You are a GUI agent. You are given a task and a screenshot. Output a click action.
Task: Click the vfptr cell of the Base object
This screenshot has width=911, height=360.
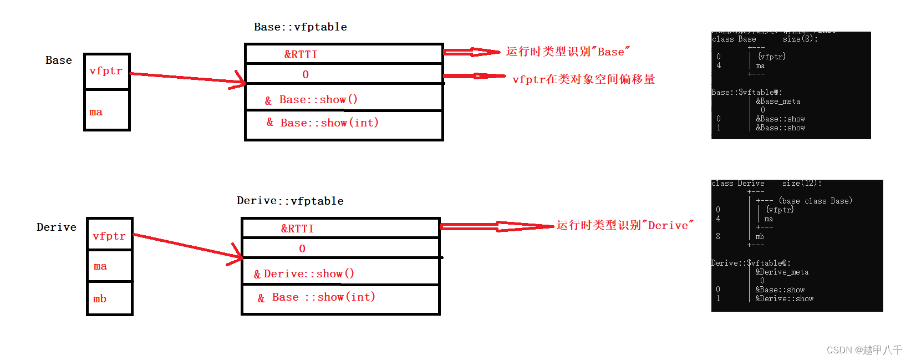tap(106, 72)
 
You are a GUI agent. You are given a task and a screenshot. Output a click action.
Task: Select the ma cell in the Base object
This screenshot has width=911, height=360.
tap(106, 111)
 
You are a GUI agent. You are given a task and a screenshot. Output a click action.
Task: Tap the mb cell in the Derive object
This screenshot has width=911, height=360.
tap(109, 298)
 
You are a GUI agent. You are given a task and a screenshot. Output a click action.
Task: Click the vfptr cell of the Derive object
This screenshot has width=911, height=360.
tap(109, 236)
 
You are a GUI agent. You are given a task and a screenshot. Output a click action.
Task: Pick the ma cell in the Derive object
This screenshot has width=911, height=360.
tap(109, 266)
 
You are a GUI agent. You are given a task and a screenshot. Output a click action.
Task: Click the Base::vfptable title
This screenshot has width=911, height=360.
tap(301, 27)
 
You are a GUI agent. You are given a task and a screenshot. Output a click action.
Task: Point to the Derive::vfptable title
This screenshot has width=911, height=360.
tap(290, 201)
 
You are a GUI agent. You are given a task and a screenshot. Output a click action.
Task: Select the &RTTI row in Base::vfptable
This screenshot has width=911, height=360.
tap(344, 54)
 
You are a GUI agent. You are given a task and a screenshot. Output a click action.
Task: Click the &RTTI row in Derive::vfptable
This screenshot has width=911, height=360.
tap(340, 229)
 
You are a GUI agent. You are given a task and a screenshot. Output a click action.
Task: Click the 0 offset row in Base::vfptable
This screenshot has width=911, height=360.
tap(344, 74)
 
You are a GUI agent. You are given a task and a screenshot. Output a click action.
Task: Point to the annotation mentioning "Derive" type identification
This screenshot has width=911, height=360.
tap(625, 225)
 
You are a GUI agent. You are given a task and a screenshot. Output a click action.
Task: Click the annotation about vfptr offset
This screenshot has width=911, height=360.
tap(583, 79)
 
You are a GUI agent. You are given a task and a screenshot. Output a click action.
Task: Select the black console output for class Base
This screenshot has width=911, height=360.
tap(791, 85)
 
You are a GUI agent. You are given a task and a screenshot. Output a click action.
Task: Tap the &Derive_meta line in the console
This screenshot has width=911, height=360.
tap(782, 272)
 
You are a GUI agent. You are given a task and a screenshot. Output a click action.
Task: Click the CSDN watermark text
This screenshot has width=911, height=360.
tap(864, 350)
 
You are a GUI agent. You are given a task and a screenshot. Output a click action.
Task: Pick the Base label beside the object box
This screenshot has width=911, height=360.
tap(59, 60)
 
